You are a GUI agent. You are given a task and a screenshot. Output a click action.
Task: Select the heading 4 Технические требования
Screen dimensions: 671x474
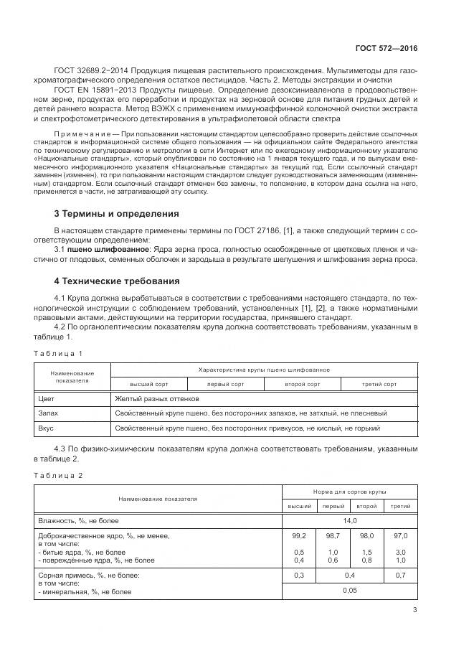coord(117,281)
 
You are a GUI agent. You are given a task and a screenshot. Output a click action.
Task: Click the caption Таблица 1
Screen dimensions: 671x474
coord(60,353)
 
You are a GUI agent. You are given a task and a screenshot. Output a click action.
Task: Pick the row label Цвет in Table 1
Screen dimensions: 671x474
coord(45,398)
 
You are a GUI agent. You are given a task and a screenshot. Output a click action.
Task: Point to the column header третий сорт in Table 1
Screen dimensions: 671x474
coord(379,384)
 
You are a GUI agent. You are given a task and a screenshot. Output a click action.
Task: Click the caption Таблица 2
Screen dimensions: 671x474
coord(60,475)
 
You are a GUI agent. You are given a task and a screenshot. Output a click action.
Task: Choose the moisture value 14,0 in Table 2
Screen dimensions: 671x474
coord(350,520)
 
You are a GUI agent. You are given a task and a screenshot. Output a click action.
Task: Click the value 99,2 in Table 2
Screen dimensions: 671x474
coord(299,535)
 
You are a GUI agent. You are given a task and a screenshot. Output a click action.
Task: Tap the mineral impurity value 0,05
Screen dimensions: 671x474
coord(350,591)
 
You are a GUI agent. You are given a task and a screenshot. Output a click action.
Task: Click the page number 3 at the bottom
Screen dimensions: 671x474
coord(414,611)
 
